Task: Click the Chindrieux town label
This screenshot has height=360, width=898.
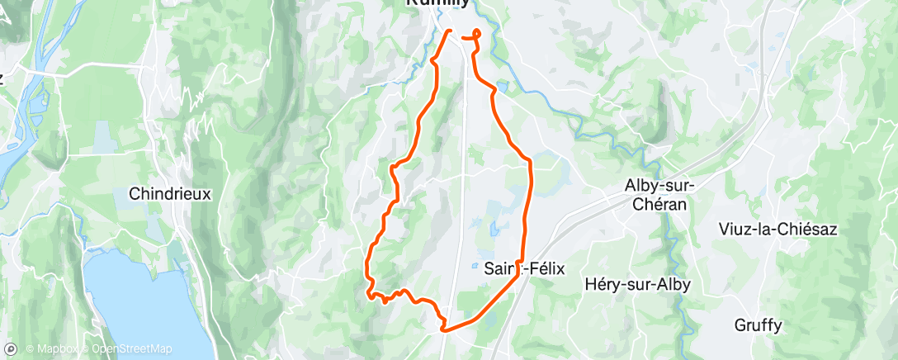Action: click(171, 194)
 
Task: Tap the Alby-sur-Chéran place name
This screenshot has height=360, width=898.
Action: click(659, 195)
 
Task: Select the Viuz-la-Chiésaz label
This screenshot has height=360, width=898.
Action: click(778, 229)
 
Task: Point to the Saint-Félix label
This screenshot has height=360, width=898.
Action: click(523, 267)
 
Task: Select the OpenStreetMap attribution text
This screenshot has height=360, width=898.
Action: click(133, 348)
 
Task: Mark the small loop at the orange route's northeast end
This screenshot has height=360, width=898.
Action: click(476, 34)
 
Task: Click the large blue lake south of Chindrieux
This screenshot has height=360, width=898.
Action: click(140, 306)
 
